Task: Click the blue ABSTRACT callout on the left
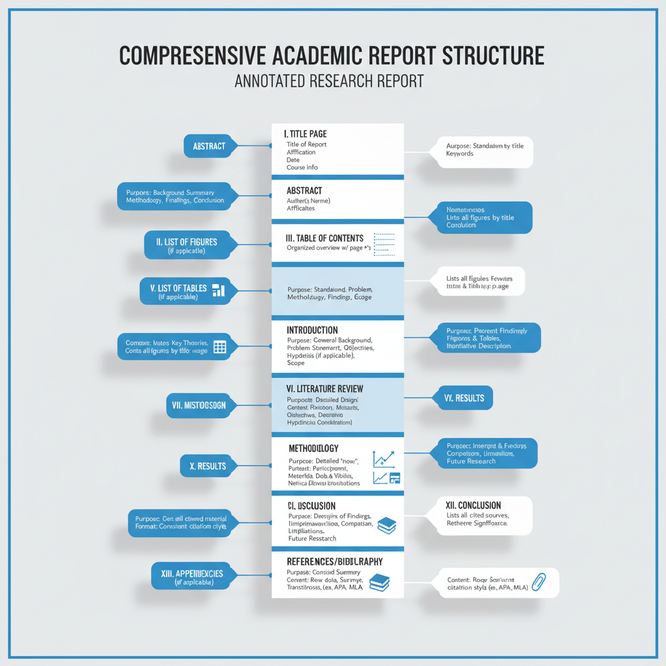[209, 146]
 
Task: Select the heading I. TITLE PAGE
[306, 134]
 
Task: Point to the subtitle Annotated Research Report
[328, 81]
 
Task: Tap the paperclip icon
[538, 581]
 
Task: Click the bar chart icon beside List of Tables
[219, 290]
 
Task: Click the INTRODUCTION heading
[312, 330]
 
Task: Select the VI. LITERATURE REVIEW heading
[325, 389]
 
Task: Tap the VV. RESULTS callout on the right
[464, 398]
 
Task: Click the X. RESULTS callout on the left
[208, 466]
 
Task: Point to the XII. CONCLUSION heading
[473, 505]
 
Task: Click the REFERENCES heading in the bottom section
[334, 561]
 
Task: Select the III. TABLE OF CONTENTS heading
[325, 239]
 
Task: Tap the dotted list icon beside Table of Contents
[384, 245]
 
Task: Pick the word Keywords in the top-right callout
[460, 154]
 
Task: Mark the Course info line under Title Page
[302, 168]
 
